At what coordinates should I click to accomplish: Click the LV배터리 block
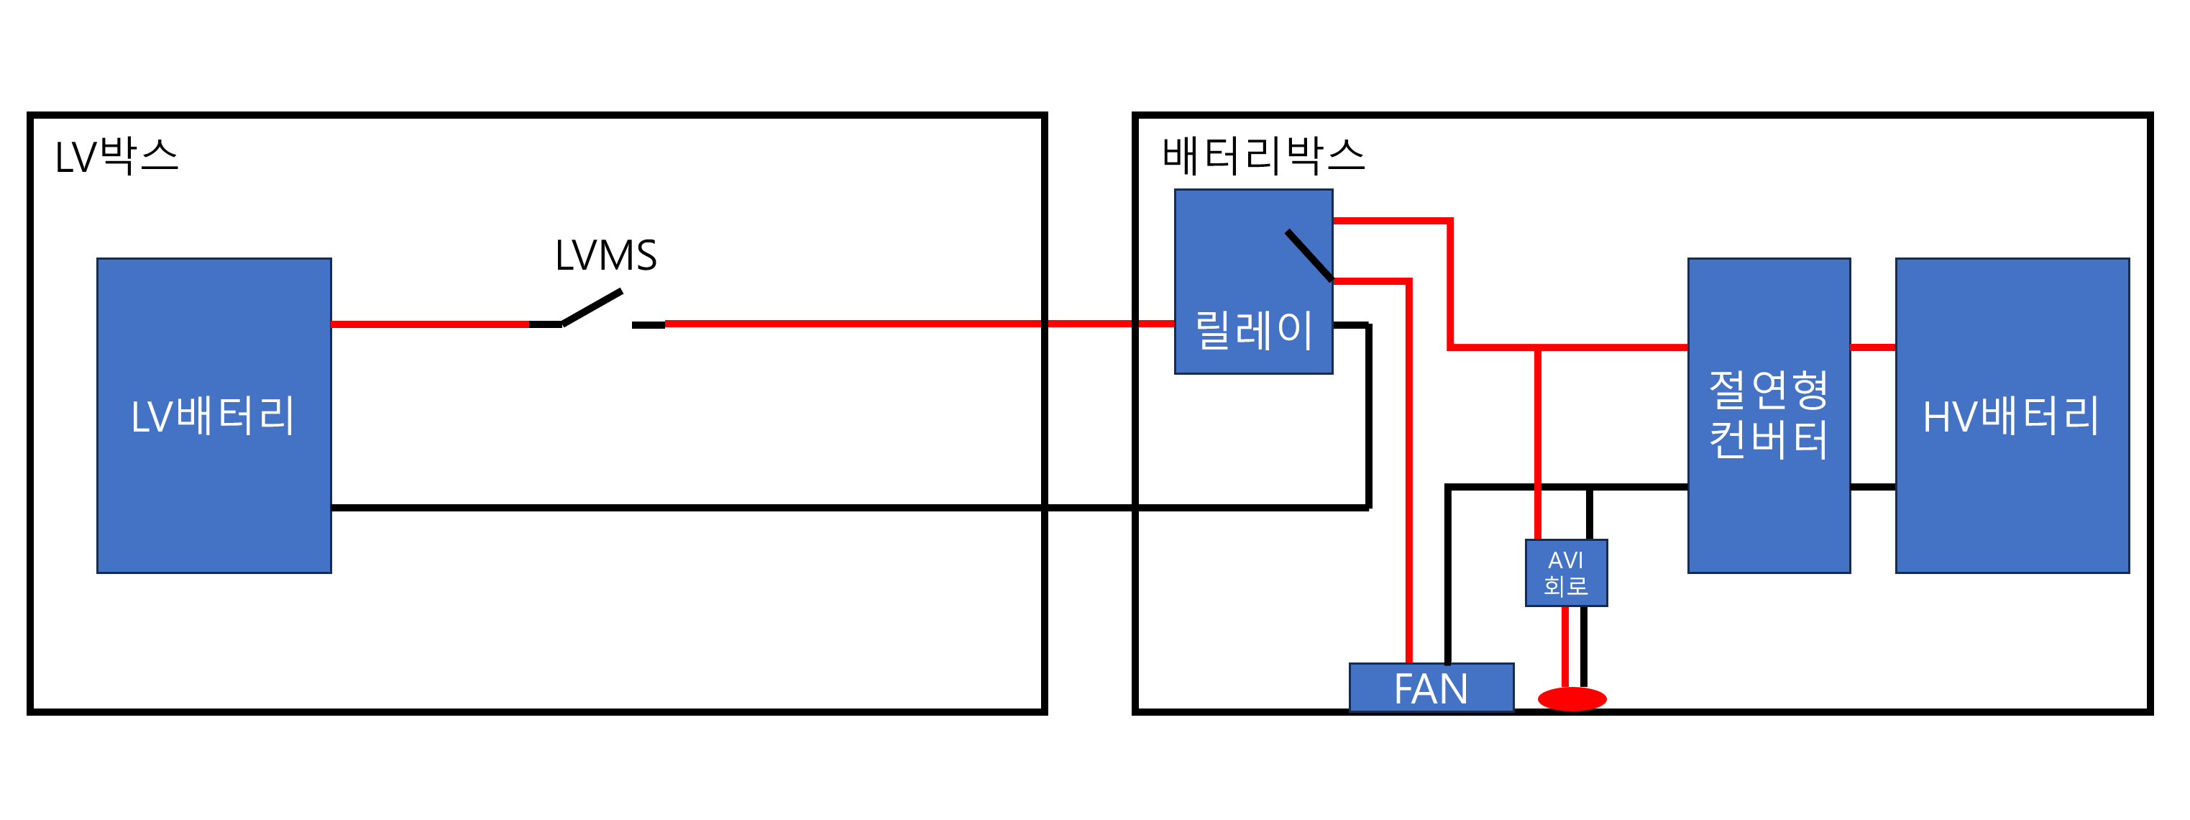coord(214,416)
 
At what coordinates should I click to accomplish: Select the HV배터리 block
coord(2012,416)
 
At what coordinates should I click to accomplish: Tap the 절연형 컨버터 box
coord(1769,416)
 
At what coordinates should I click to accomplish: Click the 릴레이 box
coord(1253,281)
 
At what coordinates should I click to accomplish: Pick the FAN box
coord(1431,688)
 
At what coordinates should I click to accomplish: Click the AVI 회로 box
coord(1566,573)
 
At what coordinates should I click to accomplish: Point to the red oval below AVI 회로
coord(1572,699)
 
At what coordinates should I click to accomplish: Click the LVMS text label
coord(606,255)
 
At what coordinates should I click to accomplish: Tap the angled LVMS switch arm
coord(592,308)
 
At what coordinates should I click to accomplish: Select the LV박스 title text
coord(116,157)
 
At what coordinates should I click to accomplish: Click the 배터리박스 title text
coord(1263,157)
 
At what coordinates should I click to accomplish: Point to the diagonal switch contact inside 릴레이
coord(1309,255)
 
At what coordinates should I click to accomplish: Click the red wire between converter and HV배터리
coord(1873,347)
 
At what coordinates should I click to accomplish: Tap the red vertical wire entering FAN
coord(1408,471)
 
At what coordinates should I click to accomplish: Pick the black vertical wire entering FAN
coord(1448,574)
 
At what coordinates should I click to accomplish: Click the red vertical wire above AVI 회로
coord(1538,443)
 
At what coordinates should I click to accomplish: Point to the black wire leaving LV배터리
coord(850,508)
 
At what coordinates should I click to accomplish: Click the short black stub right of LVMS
coord(648,325)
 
